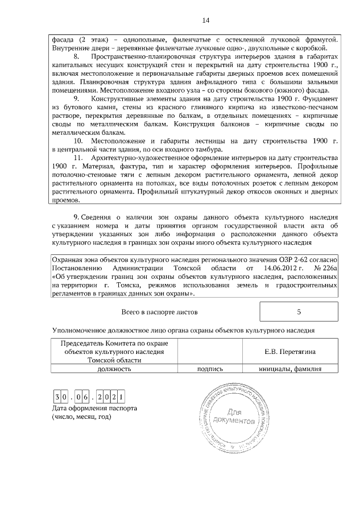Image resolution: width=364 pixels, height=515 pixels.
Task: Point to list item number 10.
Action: (x=80, y=141)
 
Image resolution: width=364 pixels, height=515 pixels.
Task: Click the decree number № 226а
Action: (x=326, y=267)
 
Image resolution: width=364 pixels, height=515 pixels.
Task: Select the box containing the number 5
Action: (x=299, y=312)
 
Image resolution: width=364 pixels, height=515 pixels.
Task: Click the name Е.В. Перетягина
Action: (x=290, y=352)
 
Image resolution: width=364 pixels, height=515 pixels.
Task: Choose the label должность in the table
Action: (x=114, y=369)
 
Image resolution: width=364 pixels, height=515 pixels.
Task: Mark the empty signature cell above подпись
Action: (x=209, y=352)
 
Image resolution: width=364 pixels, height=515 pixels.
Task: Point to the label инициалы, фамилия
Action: (x=290, y=369)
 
